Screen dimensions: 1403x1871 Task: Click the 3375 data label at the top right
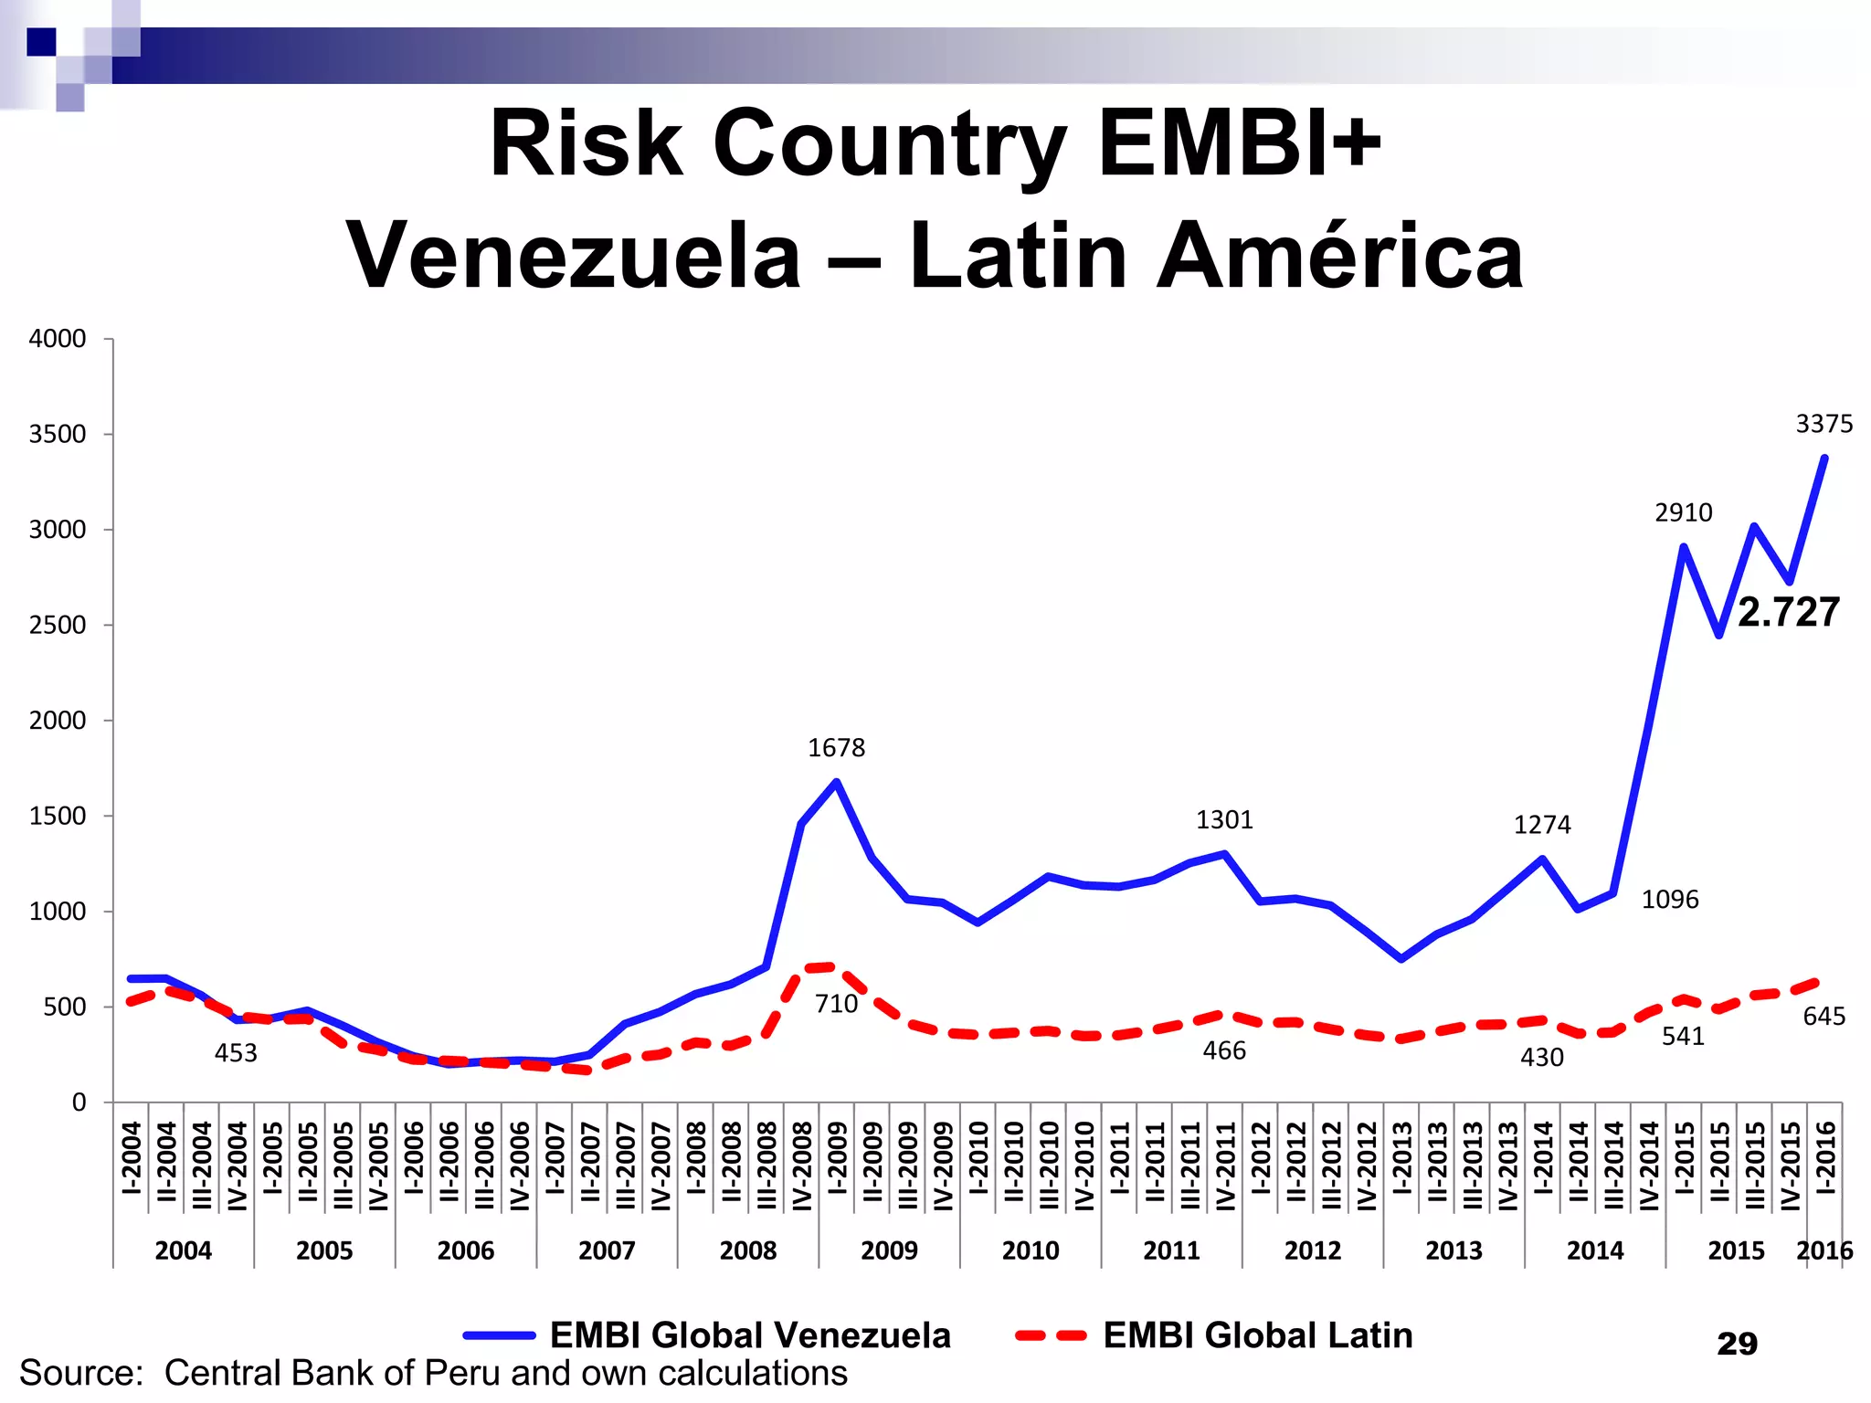coord(1823,424)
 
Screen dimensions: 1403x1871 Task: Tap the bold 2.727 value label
coord(1788,612)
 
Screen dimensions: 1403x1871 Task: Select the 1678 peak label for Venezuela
coord(836,748)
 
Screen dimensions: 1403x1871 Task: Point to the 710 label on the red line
coord(836,1004)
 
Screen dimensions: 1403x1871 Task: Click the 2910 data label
coord(1683,512)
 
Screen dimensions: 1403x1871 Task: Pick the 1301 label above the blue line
coord(1224,820)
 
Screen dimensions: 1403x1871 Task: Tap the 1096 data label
coord(1670,900)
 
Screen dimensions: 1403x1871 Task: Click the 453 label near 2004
coord(236,1053)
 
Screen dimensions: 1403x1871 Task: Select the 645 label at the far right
coord(1823,1017)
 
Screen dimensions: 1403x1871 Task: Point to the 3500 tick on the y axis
coord(58,434)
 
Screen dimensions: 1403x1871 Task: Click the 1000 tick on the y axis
coord(58,912)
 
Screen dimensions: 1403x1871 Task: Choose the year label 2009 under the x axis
coord(889,1250)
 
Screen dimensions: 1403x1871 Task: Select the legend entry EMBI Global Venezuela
coord(750,1335)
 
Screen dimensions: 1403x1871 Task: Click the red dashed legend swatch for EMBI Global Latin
coord(1051,1335)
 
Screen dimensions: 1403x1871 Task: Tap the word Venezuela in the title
coord(574,257)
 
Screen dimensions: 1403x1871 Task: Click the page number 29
coord(1737,1344)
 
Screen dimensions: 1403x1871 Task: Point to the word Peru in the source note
coord(464,1373)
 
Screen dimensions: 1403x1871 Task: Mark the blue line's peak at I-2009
coord(836,782)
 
